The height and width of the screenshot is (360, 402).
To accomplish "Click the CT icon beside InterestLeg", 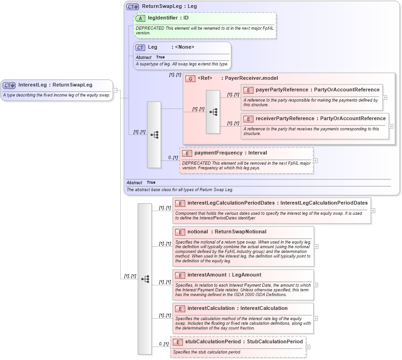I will pos(9,85).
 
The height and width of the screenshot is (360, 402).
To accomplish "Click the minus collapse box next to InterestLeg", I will pos(115,90).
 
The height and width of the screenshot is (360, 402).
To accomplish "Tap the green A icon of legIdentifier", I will pos(141,18).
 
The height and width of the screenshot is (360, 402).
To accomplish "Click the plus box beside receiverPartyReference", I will pos(391,126).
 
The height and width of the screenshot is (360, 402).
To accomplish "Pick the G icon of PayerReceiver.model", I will pos(190,78).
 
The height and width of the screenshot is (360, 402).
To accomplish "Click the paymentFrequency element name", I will pos(218,153).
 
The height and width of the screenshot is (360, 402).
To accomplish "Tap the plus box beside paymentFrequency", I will pos(316,161).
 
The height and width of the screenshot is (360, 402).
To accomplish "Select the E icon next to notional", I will pos(180,232).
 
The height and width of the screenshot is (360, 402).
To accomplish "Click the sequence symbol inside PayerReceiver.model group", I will pos(213,112).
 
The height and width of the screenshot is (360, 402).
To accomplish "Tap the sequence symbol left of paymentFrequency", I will pos(154,135).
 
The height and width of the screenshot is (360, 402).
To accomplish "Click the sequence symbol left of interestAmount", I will pos(145,279).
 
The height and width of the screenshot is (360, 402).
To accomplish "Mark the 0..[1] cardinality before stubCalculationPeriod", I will pos(163,344).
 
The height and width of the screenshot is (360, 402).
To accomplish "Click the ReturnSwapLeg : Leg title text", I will pos(169,6).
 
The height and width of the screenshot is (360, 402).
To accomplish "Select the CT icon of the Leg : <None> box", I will pos(140,47).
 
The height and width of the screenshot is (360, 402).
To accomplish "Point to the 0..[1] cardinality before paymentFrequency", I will pos(173,158).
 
